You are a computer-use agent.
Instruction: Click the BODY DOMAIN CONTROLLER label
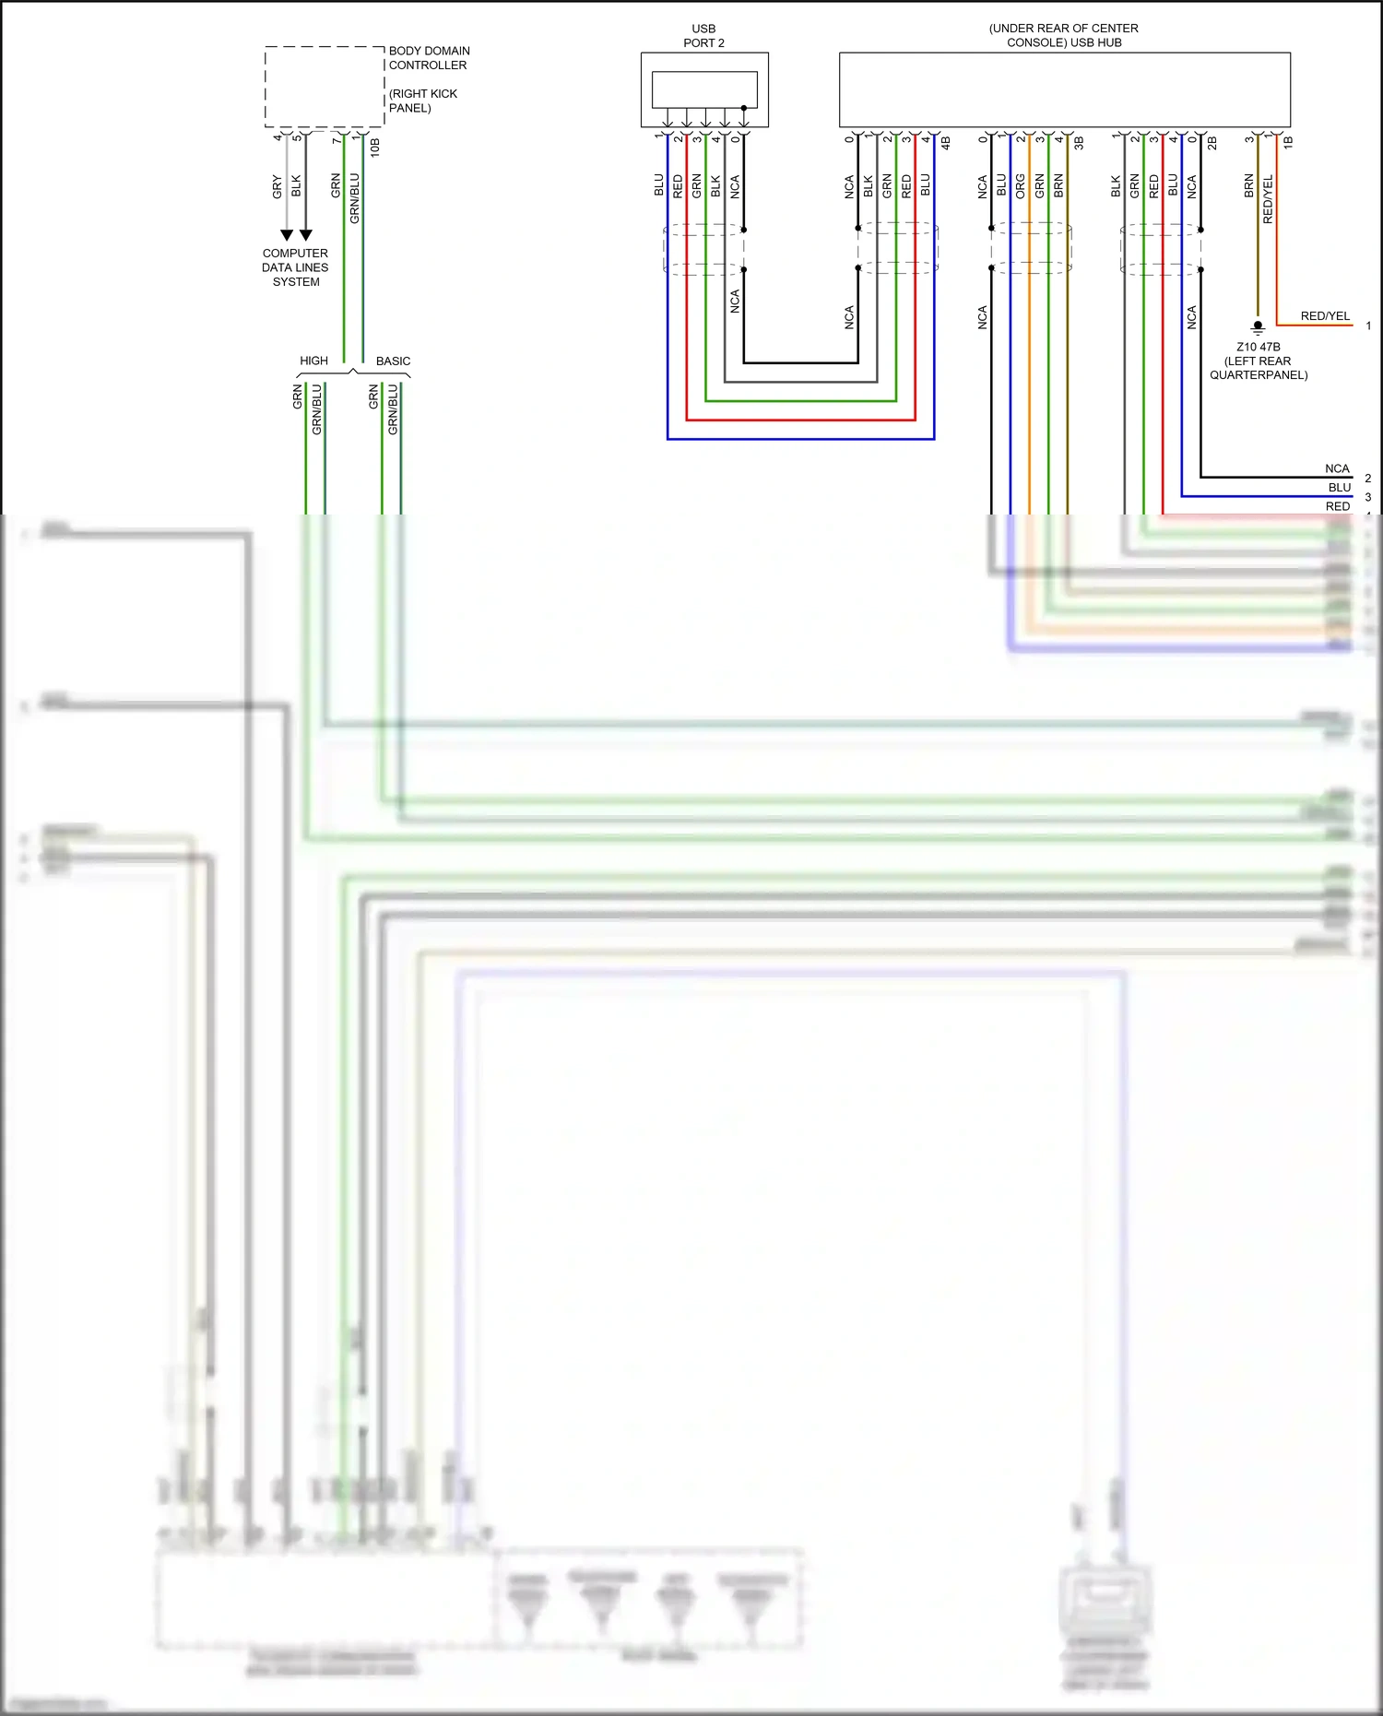coord(429,58)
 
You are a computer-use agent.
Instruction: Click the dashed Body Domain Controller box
coord(325,87)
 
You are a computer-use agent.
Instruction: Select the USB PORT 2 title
coord(703,36)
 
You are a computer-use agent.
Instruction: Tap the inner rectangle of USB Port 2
coord(703,89)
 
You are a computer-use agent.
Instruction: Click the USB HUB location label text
coord(1063,35)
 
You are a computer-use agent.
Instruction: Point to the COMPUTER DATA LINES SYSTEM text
coord(295,267)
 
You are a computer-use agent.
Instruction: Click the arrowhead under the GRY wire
coord(287,235)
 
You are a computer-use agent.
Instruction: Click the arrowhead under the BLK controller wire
coord(306,235)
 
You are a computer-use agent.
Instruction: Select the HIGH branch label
coord(313,361)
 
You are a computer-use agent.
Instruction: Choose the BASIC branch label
coord(393,361)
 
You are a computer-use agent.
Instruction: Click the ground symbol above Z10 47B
coord(1258,326)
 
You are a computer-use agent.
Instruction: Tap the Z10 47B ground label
coord(1258,347)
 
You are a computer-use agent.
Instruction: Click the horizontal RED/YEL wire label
coord(1325,316)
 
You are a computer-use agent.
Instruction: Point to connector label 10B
coord(375,147)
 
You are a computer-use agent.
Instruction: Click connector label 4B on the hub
coord(945,143)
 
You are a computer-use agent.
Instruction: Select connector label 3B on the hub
coord(1079,143)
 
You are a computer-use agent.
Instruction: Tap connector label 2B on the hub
coord(1212,143)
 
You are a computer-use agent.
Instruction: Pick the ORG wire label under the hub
coord(1020,186)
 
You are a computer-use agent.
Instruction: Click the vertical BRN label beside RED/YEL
coord(1248,186)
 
